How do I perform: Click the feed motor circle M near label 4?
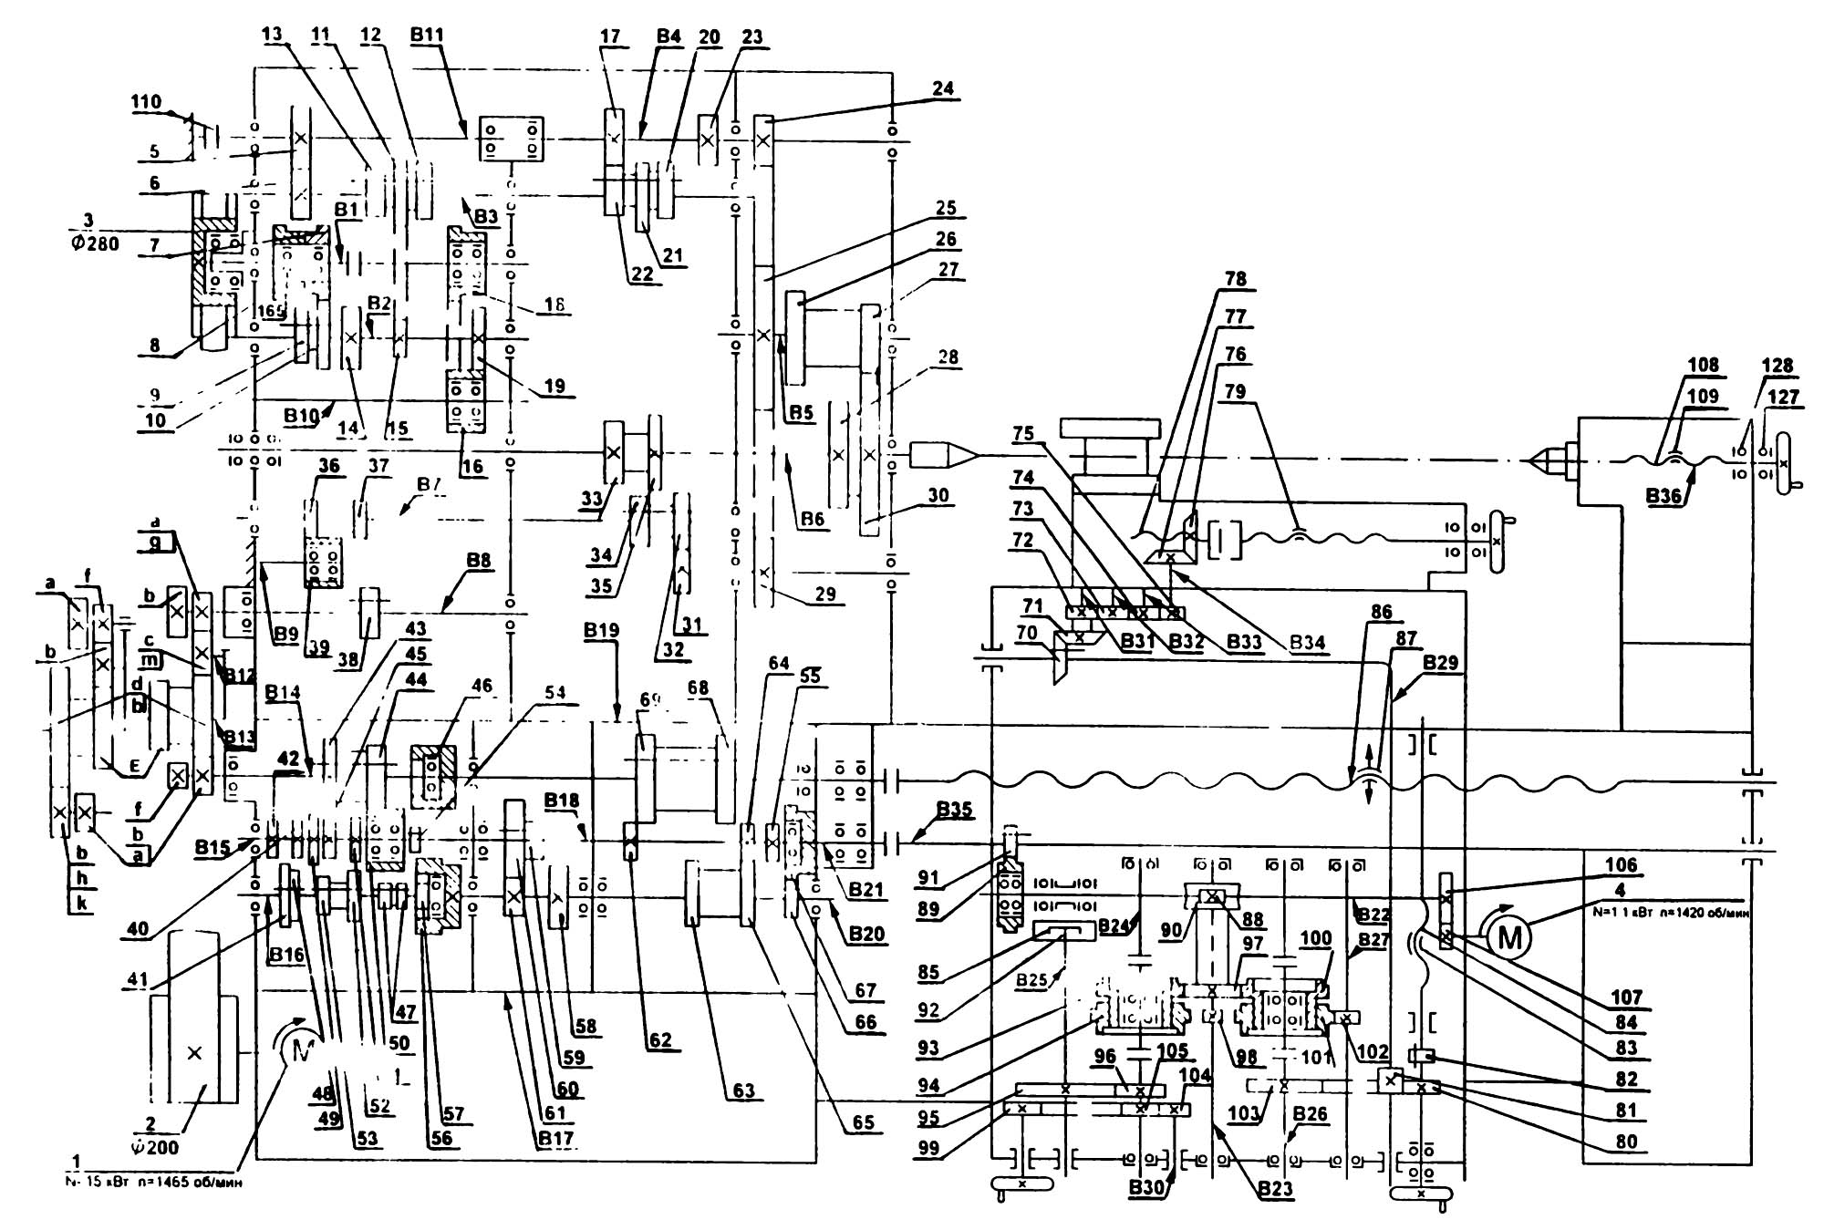1510,936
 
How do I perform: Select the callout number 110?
147,102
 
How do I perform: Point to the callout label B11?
427,36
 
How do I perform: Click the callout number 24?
943,88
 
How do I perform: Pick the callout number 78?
1236,279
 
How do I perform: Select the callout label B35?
955,810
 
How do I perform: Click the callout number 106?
1621,864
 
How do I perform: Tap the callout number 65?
864,1122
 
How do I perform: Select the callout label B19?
603,630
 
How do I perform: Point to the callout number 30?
938,495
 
